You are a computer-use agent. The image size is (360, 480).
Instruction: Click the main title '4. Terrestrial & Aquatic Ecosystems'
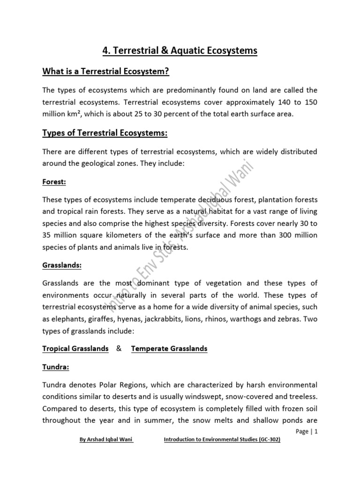tap(180, 51)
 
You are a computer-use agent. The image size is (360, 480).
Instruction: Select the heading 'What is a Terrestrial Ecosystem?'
tap(105, 72)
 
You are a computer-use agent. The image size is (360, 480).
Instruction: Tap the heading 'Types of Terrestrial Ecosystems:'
tap(105, 134)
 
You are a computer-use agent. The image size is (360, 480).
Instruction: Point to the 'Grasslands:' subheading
tap(62, 265)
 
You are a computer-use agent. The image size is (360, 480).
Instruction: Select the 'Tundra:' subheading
tap(56, 367)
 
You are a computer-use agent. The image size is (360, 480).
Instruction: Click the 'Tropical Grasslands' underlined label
tap(75, 349)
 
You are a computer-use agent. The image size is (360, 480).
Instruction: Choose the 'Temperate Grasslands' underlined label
tap(169, 349)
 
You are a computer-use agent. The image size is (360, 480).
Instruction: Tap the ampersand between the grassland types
tap(119, 349)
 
